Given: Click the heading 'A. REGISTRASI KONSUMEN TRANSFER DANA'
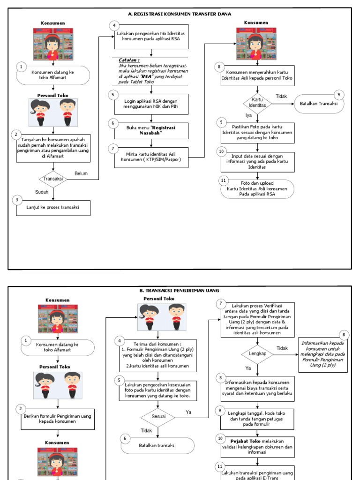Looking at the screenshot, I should coord(180,14).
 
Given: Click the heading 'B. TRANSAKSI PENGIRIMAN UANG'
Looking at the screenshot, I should coord(180,291).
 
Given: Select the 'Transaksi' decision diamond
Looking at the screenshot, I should coord(53,179).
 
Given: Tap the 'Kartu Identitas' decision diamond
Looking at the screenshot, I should coord(256,103).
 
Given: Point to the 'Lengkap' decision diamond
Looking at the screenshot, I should coord(257,353).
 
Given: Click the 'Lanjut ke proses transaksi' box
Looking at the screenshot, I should coord(53,208).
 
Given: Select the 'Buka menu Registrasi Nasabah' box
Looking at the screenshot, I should coord(151,130).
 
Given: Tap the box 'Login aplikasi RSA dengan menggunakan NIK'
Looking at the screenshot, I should coord(151,104).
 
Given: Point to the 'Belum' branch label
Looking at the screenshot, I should coord(81,173).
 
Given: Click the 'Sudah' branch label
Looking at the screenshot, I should coord(42,192).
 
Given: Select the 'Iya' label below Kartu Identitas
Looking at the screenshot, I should coord(249,115).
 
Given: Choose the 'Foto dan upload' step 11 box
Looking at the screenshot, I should coord(257,189).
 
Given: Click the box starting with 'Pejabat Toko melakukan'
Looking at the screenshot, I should coord(257,447).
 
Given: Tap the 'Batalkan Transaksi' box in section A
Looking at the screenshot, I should coord(318,104).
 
